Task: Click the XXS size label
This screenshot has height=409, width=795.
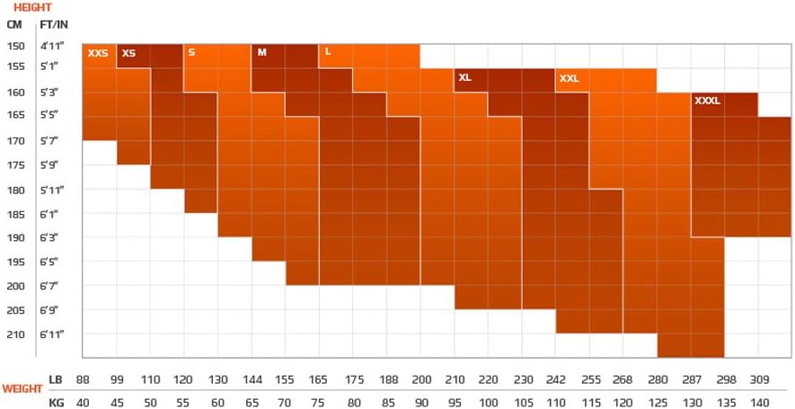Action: (x=98, y=54)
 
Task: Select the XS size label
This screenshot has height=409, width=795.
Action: (x=128, y=54)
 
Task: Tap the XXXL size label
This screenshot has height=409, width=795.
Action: (x=708, y=102)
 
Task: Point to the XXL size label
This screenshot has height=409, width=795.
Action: (x=570, y=79)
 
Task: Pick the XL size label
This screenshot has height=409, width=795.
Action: (x=465, y=78)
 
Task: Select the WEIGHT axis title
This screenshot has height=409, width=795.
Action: (x=22, y=389)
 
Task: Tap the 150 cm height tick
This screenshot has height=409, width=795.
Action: (x=15, y=45)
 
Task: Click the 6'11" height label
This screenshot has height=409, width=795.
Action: (x=52, y=334)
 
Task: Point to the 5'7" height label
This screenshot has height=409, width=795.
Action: (x=49, y=141)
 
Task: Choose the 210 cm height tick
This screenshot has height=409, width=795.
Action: (x=15, y=334)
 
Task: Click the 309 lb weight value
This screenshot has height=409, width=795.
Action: (x=760, y=380)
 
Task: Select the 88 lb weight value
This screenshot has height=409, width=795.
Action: (x=83, y=380)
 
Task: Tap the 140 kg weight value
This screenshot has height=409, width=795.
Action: (x=760, y=402)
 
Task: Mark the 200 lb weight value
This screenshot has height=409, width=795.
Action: (x=421, y=380)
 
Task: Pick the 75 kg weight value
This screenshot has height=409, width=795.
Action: (x=319, y=402)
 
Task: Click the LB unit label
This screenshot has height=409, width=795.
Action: (x=56, y=380)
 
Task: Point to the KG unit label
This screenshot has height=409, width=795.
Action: (x=56, y=402)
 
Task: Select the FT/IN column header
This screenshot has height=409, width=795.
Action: (x=54, y=24)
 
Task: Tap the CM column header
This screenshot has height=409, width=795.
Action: (x=14, y=24)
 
